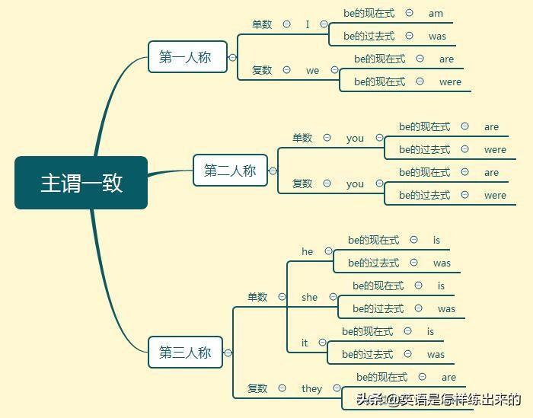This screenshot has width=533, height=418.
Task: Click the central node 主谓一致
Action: point(81,183)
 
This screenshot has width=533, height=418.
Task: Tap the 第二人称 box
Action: point(230,171)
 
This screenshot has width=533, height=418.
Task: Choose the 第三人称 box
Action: point(185,353)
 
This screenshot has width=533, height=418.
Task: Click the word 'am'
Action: point(436,13)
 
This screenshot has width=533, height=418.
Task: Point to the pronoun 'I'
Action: point(308,24)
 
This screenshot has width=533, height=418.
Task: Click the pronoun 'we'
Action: point(313,70)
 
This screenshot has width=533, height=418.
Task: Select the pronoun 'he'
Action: point(308,251)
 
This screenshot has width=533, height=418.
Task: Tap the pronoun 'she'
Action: point(309,297)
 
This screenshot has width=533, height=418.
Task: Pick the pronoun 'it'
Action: point(305,343)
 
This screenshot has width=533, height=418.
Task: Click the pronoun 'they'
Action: point(311,388)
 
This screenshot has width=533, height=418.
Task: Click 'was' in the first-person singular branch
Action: point(437,36)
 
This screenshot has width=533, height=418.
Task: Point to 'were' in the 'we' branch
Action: point(450,81)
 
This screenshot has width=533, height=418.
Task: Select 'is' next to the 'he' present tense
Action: point(436,240)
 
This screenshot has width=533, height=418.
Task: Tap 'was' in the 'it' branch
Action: point(436,354)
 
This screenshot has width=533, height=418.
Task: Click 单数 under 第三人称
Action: point(257,297)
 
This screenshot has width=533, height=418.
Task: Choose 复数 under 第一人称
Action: point(262,70)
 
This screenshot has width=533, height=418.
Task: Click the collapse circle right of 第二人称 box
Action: point(273,171)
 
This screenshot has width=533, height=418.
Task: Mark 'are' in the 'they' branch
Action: point(448,377)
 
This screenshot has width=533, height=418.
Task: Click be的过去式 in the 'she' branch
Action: point(378,308)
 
